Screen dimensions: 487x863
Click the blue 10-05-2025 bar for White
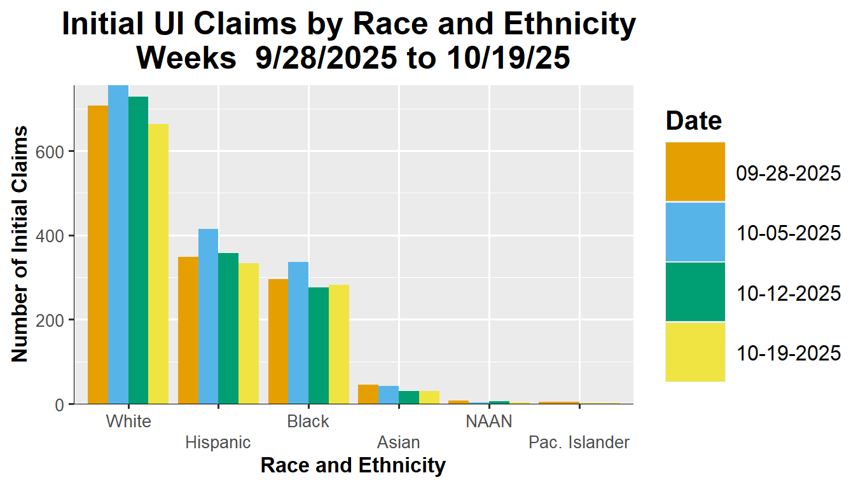point(118,245)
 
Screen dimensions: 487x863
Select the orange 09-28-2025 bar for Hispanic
point(188,330)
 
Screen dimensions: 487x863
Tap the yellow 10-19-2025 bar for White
point(158,264)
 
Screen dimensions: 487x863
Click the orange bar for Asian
point(368,394)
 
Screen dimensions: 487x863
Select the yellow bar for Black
point(339,344)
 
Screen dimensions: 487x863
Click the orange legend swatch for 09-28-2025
point(695,172)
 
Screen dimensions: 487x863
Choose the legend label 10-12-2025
point(789,293)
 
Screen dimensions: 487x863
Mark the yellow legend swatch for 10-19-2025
point(695,352)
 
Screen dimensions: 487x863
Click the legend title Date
point(694,120)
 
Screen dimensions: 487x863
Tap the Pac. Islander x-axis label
point(579,442)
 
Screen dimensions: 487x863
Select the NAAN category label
point(488,422)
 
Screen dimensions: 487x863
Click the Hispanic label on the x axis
point(218,442)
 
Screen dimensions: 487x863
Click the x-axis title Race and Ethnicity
point(353,466)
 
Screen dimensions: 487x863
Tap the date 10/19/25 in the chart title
point(506,58)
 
